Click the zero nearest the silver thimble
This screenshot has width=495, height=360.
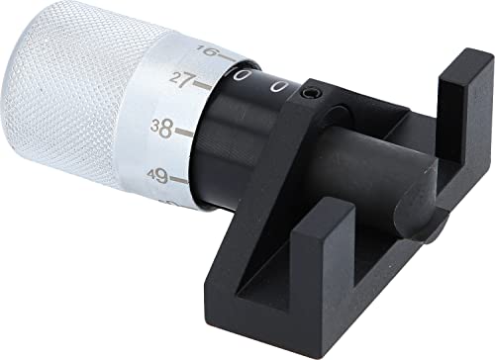click(240, 77)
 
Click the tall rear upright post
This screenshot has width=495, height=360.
click(456, 109)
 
